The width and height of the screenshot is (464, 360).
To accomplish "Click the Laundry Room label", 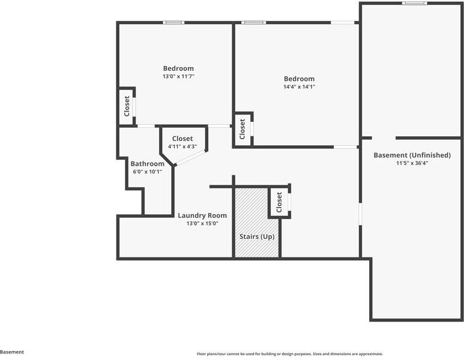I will point(202,215).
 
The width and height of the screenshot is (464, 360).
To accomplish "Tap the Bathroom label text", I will point(147,164).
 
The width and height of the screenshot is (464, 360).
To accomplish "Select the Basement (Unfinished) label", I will point(411,155).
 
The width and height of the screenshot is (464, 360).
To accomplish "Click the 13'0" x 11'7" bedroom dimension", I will point(178,76).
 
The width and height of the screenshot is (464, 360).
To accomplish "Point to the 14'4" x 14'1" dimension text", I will point(299,86).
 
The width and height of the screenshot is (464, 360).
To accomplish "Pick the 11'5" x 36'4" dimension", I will point(411,163).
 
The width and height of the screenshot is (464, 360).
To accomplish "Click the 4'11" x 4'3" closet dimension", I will point(182,146).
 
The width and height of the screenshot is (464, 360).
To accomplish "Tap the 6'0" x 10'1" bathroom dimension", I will point(147,172).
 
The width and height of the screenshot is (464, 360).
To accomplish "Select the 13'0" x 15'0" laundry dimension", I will point(202,223).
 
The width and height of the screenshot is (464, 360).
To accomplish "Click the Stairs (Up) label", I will point(257,236).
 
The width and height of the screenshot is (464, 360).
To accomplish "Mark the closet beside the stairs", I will point(279,203).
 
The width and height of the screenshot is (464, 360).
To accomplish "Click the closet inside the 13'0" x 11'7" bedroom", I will point(127,106).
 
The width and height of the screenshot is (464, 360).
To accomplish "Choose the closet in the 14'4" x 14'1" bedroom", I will point(243,128).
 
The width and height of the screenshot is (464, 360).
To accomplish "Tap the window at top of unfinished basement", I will point(414,3).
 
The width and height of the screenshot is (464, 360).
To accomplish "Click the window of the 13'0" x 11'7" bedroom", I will point(173,23).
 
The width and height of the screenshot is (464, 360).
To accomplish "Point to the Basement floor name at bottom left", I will point(12,352).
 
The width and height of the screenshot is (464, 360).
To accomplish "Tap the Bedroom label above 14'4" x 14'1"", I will point(299,79).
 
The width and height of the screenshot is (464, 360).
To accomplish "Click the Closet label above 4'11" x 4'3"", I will point(182,139).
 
